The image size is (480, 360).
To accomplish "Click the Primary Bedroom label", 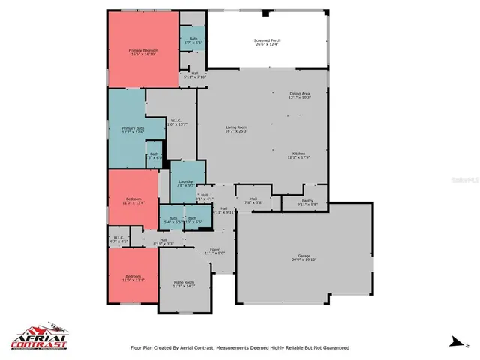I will click(145, 52).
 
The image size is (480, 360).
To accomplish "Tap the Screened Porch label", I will click(267, 42).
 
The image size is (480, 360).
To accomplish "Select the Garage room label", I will click(305, 259).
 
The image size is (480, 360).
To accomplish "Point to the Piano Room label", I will click(184, 283).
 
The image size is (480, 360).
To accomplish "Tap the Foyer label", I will click(214, 250).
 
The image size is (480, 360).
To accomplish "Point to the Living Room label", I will click(237, 130).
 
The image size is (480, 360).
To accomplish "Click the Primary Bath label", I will click(133, 130).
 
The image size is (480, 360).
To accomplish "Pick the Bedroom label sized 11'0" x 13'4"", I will click(133, 200).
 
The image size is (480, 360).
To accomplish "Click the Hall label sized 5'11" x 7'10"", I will click(195, 75).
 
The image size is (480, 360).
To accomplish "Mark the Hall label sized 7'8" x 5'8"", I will click(254, 200).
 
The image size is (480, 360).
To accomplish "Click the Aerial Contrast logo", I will click(39, 339).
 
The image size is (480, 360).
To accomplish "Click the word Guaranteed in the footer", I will click(331, 348).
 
